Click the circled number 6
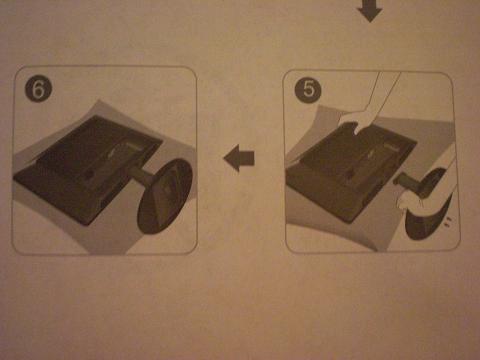coord(38,89)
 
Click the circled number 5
coord(308,89)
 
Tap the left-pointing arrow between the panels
coord(239,158)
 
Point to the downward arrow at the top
coord(369,10)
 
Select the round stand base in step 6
coord(165,196)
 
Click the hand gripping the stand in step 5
coord(409,199)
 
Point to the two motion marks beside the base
coord(448,221)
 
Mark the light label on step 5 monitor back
coord(390,147)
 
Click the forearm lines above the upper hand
coord(383,92)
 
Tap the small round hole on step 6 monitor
coord(91,173)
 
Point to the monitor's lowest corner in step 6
coord(86,225)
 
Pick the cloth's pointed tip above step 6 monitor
coord(97,100)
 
